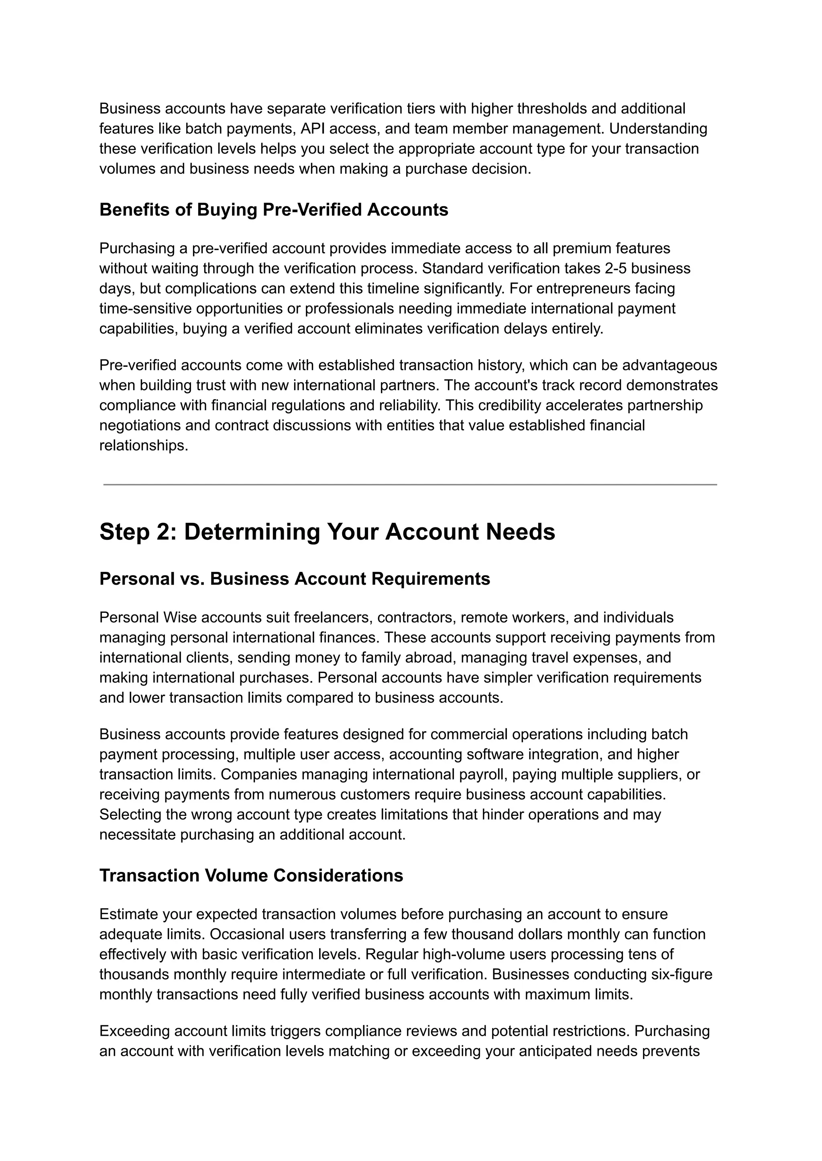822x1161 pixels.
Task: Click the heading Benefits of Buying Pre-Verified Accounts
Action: coord(273,209)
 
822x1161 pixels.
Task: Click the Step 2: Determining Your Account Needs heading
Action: coord(327,532)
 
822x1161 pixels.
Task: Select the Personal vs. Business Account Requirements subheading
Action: coord(295,578)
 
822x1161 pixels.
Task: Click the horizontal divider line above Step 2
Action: coord(410,484)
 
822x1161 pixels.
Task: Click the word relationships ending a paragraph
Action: coord(143,445)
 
